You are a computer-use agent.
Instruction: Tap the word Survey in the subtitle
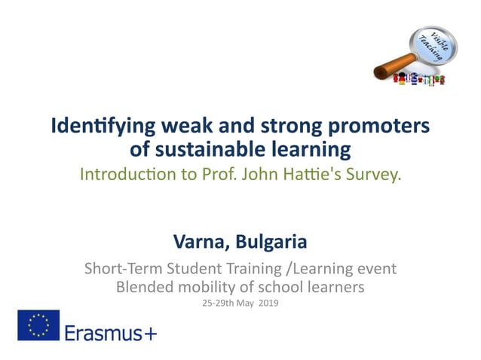point(375,175)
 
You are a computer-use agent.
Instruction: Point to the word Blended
point(143,286)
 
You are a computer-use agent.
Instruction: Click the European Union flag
point(38,325)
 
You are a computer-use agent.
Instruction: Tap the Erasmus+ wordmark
point(110,331)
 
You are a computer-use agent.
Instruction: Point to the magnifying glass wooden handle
point(389,73)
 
